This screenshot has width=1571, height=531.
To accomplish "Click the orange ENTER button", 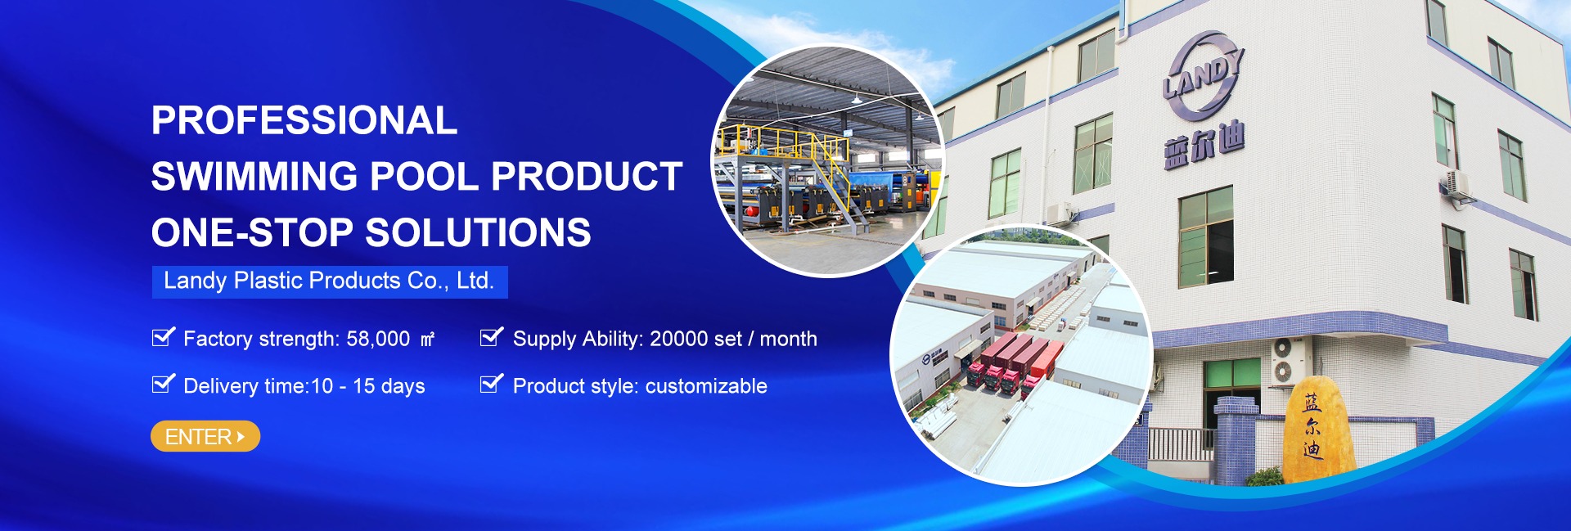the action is [x=205, y=436].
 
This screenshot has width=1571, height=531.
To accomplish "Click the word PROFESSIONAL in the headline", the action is [x=304, y=120].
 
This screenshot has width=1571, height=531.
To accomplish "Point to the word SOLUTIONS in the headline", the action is [x=478, y=232].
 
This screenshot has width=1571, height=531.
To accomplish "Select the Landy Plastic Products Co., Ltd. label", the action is [x=330, y=281].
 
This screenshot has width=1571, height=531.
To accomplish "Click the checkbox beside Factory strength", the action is [x=164, y=336].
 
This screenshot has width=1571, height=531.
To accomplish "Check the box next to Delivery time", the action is [x=164, y=383].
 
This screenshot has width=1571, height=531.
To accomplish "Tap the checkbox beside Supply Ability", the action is [x=492, y=336].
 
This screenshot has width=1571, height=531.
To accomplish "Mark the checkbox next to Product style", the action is [x=492, y=383].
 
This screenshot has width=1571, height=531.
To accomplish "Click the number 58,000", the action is [x=378, y=339].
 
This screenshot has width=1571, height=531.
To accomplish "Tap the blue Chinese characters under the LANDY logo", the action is [x=1204, y=146].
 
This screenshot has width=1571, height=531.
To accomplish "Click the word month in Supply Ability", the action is [x=789, y=339].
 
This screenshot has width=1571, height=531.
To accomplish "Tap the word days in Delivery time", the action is [x=403, y=387].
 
